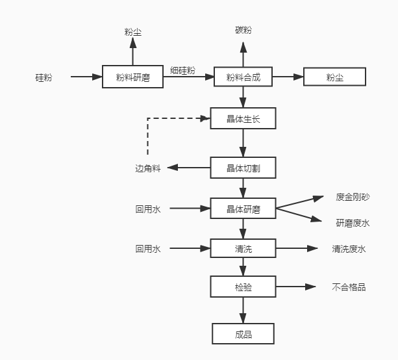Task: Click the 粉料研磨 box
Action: (x=132, y=77)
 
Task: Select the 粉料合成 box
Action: (x=243, y=77)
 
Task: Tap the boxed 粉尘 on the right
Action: (x=335, y=77)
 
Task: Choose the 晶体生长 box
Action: (x=243, y=118)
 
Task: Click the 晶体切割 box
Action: (x=243, y=168)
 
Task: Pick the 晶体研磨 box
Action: (x=243, y=209)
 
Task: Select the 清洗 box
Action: (x=243, y=248)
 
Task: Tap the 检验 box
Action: (x=243, y=287)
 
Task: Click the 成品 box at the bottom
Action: (x=243, y=334)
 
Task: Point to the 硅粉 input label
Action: (x=44, y=77)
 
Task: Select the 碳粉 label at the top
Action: (x=243, y=31)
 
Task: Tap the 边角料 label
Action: (x=147, y=168)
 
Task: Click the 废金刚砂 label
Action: (x=353, y=197)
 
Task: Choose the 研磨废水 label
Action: (x=353, y=223)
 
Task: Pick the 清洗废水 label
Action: (x=349, y=248)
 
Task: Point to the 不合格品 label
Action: (x=349, y=287)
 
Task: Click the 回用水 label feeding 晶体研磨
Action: (x=147, y=209)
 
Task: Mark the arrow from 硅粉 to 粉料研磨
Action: (x=86, y=77)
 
